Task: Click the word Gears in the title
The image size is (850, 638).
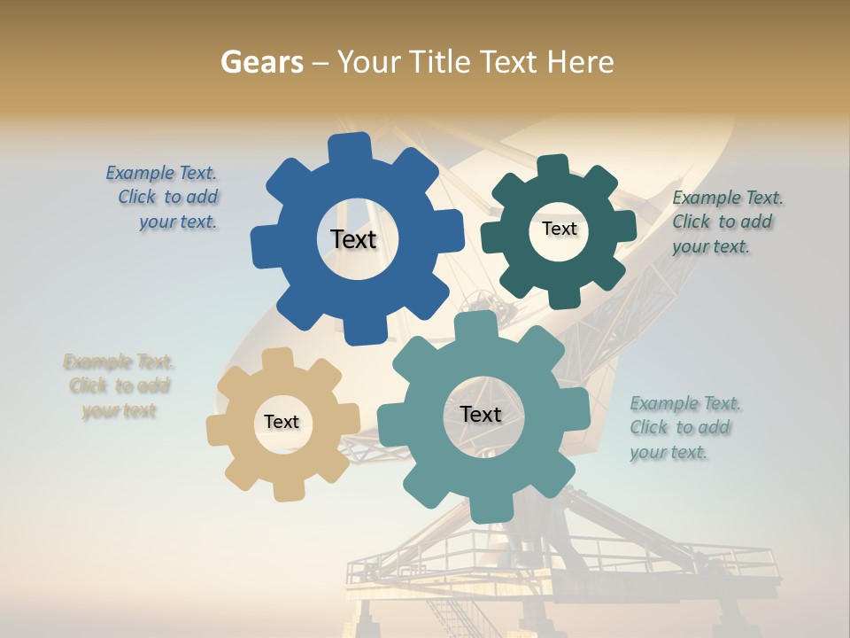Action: (261, 62)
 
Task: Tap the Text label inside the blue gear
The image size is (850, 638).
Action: (353, 239)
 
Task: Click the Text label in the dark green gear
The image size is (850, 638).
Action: (559, 229)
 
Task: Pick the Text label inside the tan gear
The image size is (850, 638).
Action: (282, 422)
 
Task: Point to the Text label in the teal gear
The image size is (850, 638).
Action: (481, 414)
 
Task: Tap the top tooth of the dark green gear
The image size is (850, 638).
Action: (553, 166)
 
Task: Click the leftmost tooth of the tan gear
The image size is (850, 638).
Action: (218, 431)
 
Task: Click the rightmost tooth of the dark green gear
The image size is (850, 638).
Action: (624, 225)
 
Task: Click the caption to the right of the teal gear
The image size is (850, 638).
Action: (684, 428)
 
